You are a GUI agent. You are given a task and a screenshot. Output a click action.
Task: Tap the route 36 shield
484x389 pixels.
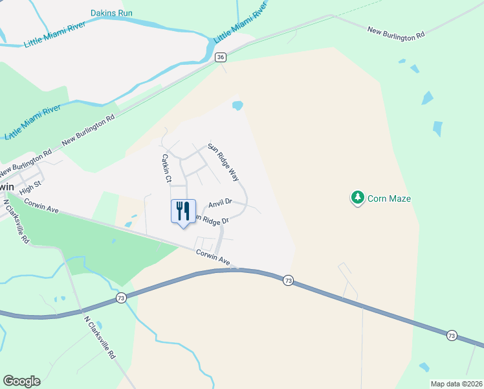coord(221,58)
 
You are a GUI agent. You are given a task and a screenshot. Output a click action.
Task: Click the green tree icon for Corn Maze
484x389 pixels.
coord(357,198)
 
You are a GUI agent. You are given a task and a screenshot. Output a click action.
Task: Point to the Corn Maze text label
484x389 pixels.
coord(389,198)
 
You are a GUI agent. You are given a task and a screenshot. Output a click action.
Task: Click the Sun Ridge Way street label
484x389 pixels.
coord(224,161)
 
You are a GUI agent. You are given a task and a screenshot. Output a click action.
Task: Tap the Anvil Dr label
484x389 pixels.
coord(220,203)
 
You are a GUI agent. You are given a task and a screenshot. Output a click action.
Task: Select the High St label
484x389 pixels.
coord(30,189)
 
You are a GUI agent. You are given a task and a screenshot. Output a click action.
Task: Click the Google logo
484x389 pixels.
coord(21,381)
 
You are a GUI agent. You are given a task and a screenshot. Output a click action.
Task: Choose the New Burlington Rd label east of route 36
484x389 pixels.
coord(395,34)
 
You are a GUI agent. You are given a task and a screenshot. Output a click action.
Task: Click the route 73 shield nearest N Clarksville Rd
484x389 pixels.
coord(121,298)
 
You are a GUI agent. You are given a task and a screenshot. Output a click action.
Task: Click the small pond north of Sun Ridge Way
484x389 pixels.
coord(237,104)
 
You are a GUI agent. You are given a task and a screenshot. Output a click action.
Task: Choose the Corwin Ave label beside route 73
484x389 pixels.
coord(213,257)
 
